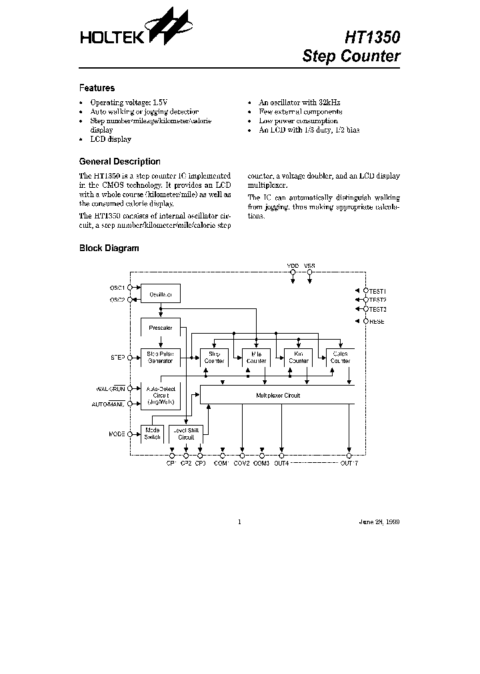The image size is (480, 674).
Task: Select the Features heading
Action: (x=97, y=88)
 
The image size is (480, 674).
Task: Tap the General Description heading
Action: (x=119, y=161)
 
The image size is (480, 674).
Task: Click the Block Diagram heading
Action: (x=109, y=248)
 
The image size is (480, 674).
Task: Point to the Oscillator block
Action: (x=161, y=294)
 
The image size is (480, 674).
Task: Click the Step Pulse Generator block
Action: (x=160, y=358)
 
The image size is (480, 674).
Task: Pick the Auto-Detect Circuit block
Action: (x=160, y=395)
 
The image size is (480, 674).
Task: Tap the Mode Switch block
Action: (x=152, y=434)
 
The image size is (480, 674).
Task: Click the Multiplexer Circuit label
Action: (x=278, y=395)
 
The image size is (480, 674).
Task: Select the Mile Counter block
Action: (x=257, y=358)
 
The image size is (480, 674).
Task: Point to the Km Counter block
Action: (x=299, y=358)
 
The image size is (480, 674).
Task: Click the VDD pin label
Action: (x=293, y=265)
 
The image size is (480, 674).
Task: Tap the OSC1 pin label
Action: (x=117, y=287)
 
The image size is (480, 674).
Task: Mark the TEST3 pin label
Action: (x=377, y=309)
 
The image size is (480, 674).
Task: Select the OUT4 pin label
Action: (x=281, y=463)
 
